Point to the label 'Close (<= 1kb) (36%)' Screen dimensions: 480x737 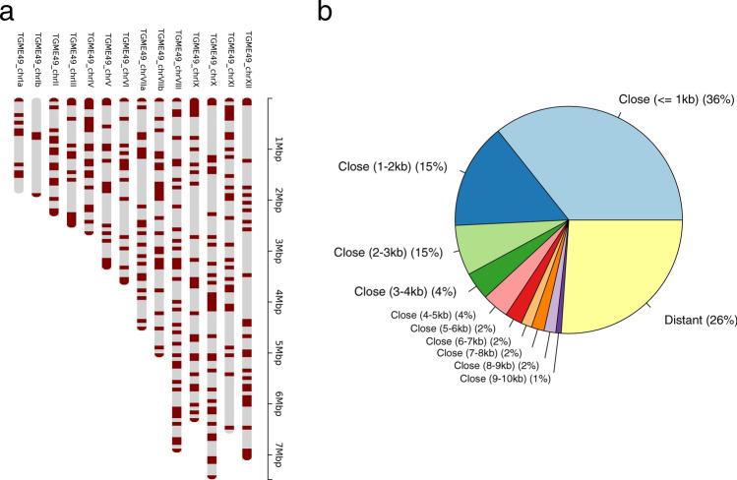click(672, 98)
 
